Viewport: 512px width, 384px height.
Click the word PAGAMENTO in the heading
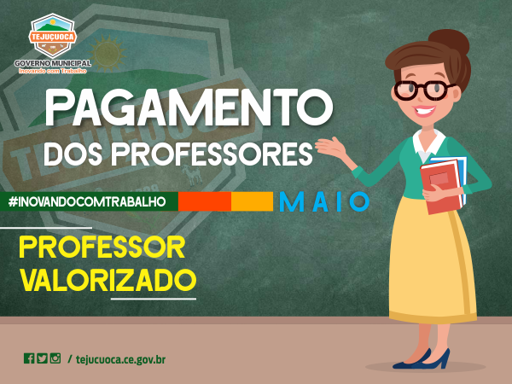189,108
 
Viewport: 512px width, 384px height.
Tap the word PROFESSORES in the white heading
212,154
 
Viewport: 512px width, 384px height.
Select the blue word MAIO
324,201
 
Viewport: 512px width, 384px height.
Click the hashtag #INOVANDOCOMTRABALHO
87,201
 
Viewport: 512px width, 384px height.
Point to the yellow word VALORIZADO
108,280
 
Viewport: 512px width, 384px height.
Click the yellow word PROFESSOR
102,247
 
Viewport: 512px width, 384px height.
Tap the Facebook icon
29,358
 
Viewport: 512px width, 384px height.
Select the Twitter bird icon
42,358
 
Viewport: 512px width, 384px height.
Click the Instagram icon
55,358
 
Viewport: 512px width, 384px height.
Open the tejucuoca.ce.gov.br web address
121,359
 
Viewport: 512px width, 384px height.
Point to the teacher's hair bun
449,42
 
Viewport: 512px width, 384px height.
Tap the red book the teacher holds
441,186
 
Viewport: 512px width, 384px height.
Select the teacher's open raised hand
330,147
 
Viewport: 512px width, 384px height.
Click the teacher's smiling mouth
423,111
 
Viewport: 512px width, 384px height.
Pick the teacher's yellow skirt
432,261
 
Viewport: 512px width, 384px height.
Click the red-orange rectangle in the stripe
205,201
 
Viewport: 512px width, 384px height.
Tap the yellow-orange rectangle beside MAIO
252,201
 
